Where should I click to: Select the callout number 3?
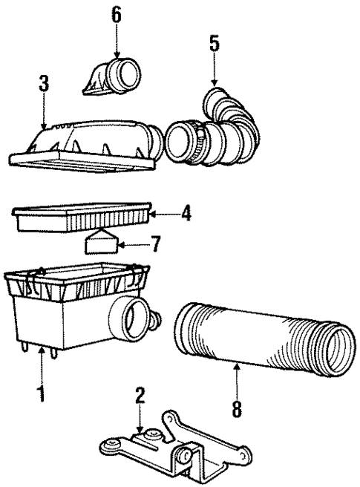click(44, 85)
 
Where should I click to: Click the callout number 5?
click(214, 45)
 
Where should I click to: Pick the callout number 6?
click(117, 14)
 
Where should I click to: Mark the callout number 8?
click(237, 408)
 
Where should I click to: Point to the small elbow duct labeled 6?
click(111, 78)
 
